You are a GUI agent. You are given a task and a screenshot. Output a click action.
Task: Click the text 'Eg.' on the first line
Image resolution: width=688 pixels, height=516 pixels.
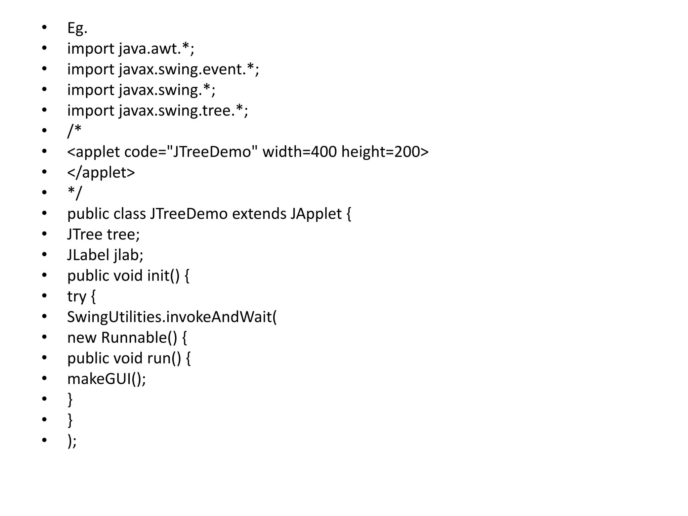[77, 28]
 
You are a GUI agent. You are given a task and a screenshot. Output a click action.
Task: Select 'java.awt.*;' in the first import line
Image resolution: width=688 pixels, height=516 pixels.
[157, 49]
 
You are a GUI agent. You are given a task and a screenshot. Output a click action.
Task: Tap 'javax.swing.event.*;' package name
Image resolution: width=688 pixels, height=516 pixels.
[189, 70]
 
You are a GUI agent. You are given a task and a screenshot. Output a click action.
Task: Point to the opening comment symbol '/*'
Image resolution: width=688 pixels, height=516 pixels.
[74, 131]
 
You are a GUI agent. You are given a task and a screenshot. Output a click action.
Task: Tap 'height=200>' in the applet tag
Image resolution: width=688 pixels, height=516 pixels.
[385, 152]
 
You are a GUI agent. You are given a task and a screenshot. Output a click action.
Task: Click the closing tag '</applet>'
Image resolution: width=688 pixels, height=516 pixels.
[101, 173]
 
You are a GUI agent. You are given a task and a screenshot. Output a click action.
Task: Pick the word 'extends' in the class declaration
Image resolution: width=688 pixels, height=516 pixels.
[259, 214]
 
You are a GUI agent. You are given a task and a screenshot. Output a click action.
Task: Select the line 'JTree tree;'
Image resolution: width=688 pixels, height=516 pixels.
[103, 234]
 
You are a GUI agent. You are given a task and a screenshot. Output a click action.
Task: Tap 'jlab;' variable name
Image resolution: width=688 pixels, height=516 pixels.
[129, 255]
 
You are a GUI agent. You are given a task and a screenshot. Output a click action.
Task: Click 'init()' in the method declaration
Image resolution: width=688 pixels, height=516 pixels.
[164, 276]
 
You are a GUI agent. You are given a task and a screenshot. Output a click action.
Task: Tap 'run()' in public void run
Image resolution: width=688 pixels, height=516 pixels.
[164, 358]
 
